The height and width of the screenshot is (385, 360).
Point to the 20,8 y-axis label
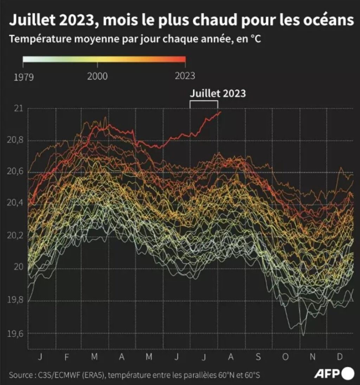click(x=14, y=141)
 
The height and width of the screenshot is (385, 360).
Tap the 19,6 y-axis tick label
click(x=14, y=333)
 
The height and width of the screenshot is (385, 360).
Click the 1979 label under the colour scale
click(x=24, y=76)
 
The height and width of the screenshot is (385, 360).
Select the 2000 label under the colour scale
click(x=97, y=76)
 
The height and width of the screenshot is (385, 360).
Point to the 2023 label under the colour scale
click(x=185, y=76)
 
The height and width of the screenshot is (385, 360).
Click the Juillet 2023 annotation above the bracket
click(x=218, y=93)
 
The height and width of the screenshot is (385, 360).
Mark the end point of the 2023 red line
click(x=220, y=112)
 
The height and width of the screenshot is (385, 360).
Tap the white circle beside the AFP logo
click(x=348, y=373)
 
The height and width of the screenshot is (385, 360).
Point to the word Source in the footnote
click(x=20, y=375)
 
